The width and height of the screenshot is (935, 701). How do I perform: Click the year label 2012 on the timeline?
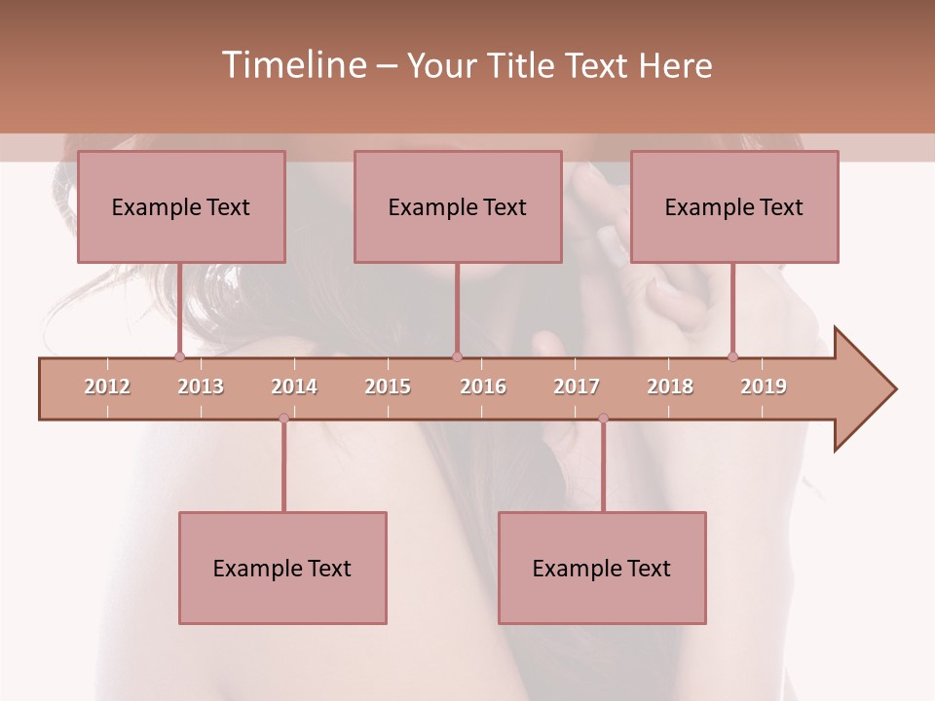[x=107, y=387]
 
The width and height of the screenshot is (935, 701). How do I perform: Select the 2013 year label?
[x=201, y=387]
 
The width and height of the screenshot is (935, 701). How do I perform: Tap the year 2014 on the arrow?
[x=294, y=387]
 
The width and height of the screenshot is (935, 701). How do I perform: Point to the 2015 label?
[x=388, y=387]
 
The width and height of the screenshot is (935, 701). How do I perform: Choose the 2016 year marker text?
[x=483, y=387]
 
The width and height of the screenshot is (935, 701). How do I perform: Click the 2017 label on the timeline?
[x=577, y=387]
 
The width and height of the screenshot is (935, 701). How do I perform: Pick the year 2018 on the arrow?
[x=670, y=387]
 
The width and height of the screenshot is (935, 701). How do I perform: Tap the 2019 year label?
[x=764, y=387]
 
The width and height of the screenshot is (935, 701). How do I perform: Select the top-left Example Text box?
[x=181, y=206]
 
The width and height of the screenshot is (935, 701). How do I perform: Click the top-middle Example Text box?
[x=458, y=206]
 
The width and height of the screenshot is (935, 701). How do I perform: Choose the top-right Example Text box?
[x=734, y=206]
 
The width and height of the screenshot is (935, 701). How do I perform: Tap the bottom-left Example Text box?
[x=282, y=568]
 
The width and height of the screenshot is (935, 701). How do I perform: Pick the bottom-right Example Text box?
[x=602, y=568]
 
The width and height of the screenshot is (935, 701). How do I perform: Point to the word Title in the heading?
[x=520, y=65]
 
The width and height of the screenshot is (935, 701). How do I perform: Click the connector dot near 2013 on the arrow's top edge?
[x=179, y=357]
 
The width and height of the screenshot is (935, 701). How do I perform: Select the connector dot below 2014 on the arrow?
[x=283, y=418]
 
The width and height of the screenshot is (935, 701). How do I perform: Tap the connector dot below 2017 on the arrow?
[x=603, y=418]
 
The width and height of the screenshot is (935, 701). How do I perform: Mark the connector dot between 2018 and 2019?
[x=732, y=356]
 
